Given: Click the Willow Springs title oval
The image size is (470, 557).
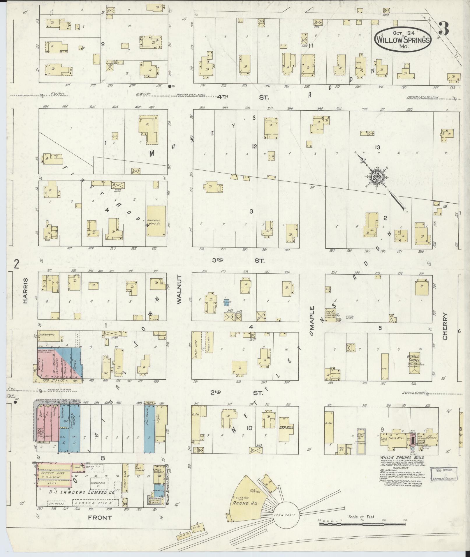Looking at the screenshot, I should coord(402,40).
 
